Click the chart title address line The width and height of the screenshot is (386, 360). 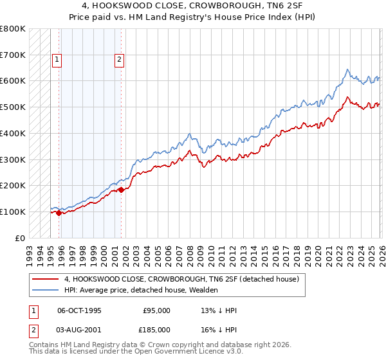click(x=194, y=7)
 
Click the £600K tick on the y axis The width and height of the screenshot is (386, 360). click(x=13, y=81)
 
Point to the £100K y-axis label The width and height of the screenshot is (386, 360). click(x=13, y=212)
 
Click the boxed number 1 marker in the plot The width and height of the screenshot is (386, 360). click(x=57, y=60)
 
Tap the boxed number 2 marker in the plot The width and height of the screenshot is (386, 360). click(x=120, y=60)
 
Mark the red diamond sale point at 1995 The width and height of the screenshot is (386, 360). click(x=59, y=213)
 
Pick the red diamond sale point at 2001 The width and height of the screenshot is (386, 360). click(x=121, y=189)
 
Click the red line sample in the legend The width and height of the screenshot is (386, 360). click(x=46, y=280)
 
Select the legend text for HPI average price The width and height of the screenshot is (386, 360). click(x=142, y=291)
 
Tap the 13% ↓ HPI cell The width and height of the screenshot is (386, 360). click(x=219, y=310)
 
